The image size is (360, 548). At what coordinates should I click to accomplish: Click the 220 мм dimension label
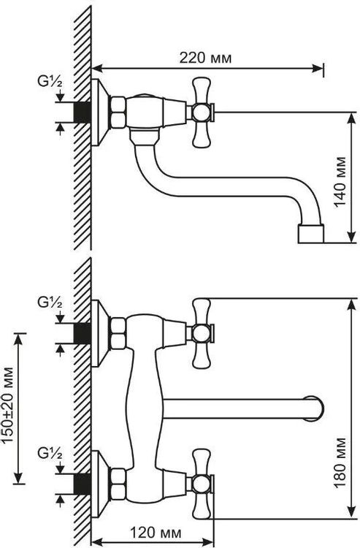(x=205, y=58)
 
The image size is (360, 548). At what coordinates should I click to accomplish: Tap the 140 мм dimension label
(x=341, y=182)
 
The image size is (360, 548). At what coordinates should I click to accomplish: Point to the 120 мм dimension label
(x=156, y=533)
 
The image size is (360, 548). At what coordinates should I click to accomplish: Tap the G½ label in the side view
(x=50, y=82)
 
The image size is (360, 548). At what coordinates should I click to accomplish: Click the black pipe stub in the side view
(x=83, y=112)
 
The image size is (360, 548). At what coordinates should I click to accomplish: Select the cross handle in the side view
(x=202, y=113)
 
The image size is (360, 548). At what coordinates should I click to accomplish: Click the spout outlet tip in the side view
(x=311, y=234)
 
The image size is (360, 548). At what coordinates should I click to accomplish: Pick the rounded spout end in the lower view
(x=315, y=409)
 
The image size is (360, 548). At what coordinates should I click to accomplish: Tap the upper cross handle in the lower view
(x=202, y=333)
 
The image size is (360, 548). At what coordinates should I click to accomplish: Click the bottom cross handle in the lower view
(x=202, y=484)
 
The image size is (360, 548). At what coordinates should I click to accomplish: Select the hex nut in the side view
(x=118, y=113)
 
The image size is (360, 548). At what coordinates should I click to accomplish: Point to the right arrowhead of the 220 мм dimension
(x=317, y=69)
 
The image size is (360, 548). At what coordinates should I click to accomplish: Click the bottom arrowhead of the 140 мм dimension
(x=351, y=237)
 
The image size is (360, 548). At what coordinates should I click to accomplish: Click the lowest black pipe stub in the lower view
(x=83, y=484)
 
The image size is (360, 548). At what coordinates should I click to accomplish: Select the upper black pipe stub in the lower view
(x=83, y=333)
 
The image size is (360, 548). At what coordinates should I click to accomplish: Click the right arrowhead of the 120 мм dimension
(x=208, y=542)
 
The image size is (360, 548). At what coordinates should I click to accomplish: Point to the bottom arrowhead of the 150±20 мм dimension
(x=19, y=478)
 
